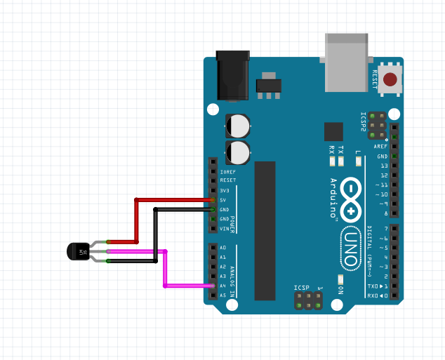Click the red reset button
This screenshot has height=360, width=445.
pos(390,79)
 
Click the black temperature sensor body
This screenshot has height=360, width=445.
pos(78,251)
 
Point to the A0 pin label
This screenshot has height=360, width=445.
pos(222,248)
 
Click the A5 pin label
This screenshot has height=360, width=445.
pos(222,295)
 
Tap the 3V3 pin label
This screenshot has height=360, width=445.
pos(224,190)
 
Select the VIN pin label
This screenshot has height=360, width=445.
pos(224,228)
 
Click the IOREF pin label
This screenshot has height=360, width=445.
pos(227,171)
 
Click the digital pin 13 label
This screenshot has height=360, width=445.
pos(383,165)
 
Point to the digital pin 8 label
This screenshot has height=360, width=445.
pos(385,213)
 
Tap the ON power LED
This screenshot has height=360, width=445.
pos(340,278)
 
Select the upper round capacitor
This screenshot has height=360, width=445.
pos(237,126)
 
